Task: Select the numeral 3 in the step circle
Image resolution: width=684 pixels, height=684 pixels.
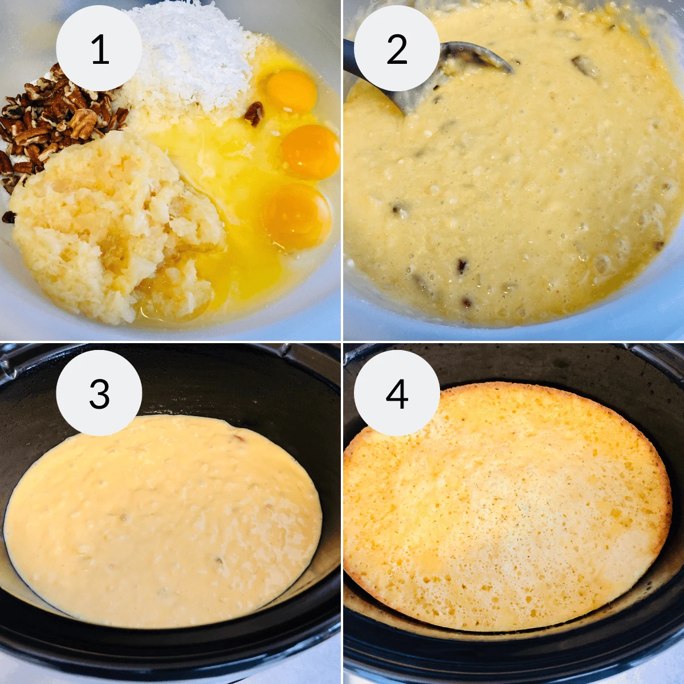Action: (99, 393)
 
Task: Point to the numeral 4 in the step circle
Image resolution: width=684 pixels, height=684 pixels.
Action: (397, 393)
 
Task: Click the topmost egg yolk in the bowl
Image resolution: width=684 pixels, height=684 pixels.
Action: (291, 91)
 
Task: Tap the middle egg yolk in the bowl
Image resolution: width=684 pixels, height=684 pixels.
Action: (311, 151)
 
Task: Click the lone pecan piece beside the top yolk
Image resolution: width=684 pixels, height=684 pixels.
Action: (254, 113)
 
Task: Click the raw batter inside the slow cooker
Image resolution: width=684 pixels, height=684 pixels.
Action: (165, 524)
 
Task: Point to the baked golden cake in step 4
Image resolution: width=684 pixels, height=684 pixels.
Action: (507, 507)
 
